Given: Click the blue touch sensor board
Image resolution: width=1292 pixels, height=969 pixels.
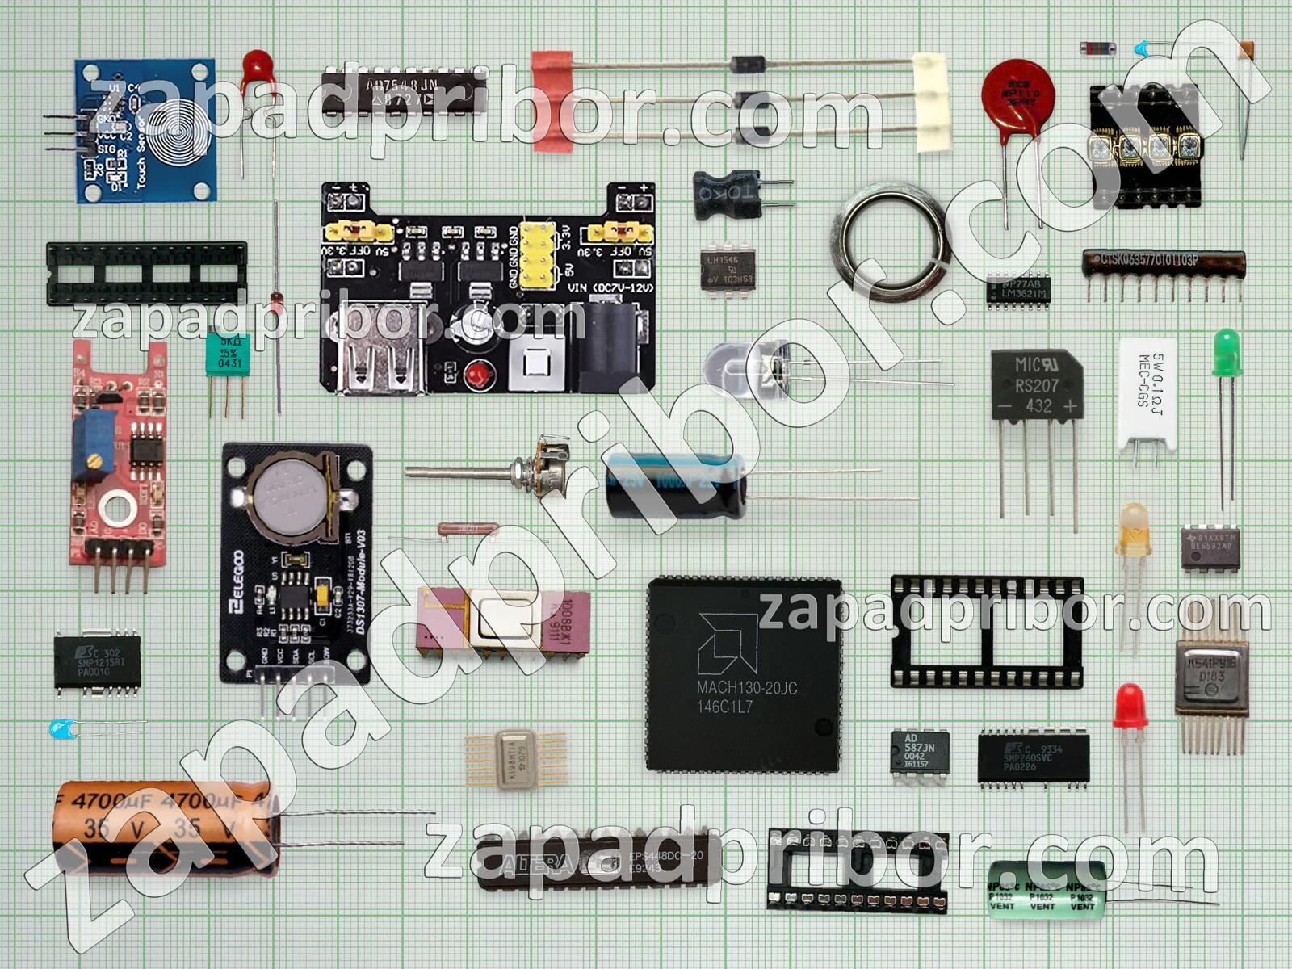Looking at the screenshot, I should [x=146, y=130].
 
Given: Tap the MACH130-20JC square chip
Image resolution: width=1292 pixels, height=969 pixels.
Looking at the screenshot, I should [x=744, y=673].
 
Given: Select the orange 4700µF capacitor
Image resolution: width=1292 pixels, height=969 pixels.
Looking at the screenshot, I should [x=166, y=827].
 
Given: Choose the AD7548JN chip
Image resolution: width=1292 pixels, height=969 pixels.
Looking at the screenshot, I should [x=404, y=90].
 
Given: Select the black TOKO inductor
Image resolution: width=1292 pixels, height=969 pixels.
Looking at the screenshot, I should [x=727, y=195].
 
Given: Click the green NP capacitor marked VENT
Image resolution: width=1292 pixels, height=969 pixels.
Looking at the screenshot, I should [x=1047, y=889].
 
